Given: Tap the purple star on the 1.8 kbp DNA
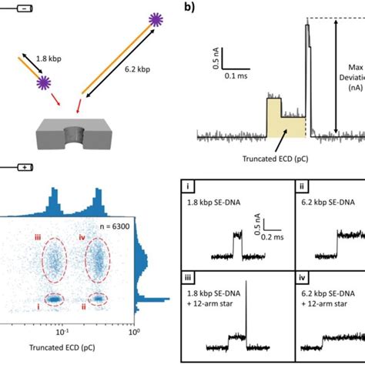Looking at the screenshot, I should point(46,81).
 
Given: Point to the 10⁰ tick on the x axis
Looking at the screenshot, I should point(134,333).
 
